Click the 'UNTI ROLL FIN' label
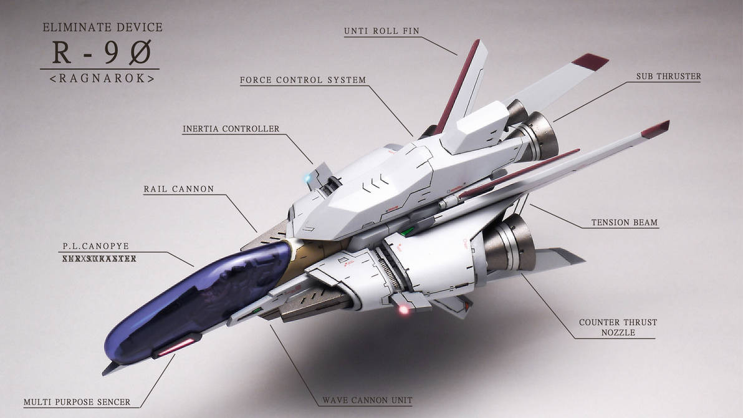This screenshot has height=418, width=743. click(x=381, y=31)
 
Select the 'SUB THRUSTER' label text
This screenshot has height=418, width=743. click(x=668, y=77)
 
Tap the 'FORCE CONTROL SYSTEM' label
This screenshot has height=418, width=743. click(x=303, y=80)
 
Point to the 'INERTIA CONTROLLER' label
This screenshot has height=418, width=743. click(x=231, y=129)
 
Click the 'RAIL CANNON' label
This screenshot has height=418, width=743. click(x=179, y=188)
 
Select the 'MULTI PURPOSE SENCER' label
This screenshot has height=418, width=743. click(x=77, y=402)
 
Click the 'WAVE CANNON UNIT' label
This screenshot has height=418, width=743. click(x=367, y=400)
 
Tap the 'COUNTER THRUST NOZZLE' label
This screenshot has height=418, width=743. click(x=618, y=328)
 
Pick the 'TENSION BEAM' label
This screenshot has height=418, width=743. click(x=624, y=222)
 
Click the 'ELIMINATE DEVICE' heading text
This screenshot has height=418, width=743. click(x=102, y=27)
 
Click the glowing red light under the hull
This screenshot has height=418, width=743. click(x=403, y=309)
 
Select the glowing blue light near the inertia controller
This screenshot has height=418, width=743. click(x=306, y=177)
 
